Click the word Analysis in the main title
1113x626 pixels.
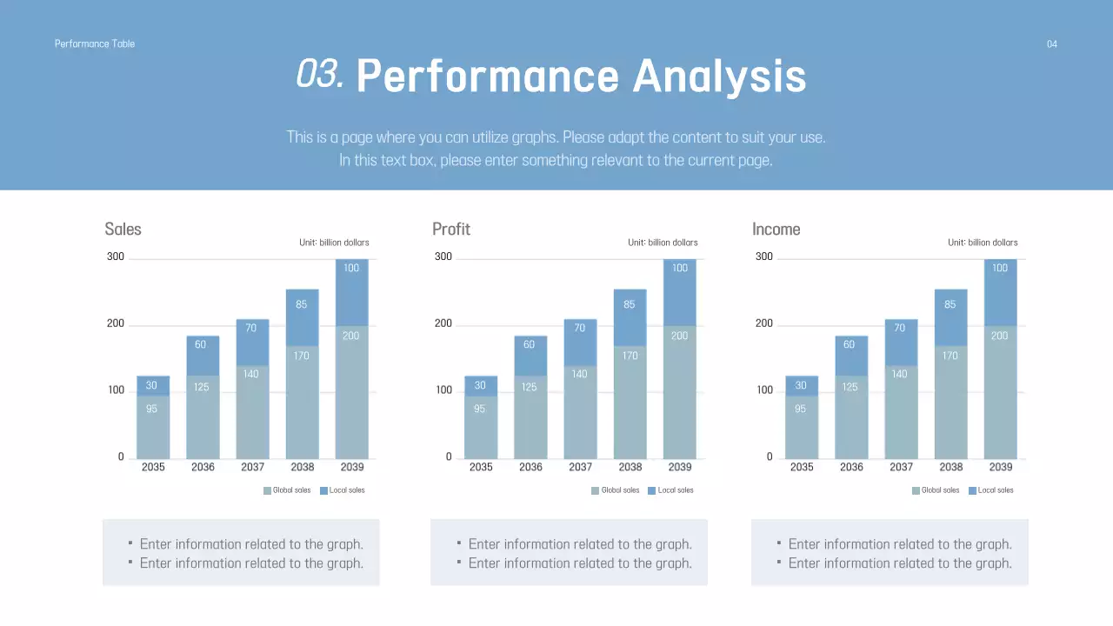pos(719,77)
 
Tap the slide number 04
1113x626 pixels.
pos(1051,44)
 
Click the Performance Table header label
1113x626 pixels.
pos(95,43)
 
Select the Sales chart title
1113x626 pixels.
pos(123,230)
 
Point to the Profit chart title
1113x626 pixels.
pos(450,230)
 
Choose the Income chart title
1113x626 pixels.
pos(776,230)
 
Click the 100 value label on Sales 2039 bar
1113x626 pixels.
pos(351,268)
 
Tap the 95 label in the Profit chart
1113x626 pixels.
pos(479,409)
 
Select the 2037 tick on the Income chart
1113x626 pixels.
pos(901,467)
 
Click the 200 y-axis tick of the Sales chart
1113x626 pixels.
pos(115,323)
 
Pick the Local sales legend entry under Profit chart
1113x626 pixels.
pos(670,490)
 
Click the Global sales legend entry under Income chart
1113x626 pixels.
pos(936,490)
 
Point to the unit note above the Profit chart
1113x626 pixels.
pos(663,243)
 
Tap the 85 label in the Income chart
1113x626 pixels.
pos(950,304)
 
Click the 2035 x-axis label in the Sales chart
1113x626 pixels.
pos(153,467)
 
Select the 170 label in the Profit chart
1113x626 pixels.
pos(630,356)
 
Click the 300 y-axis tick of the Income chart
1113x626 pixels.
pos(763,256)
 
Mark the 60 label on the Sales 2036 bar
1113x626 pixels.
pos(201,344)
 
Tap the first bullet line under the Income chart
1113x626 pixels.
pos(899,544)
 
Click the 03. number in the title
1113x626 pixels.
pos(319,75)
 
